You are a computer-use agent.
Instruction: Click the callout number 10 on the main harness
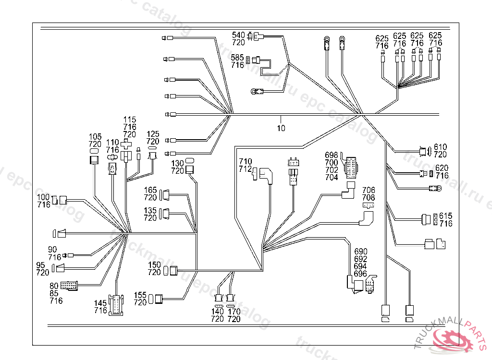pos(281,128)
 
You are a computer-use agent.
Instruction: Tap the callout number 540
pos(238,35)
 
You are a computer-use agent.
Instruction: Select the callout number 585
pos(237,58)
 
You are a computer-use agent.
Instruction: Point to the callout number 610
pos(441,147)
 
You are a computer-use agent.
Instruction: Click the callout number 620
pos(442,168)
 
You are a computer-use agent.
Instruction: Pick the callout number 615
pos(445,216)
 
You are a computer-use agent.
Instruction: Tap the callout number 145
pos(100,303)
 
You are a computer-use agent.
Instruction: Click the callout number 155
pos(140,295)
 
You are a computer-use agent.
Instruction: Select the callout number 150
pos(154,265)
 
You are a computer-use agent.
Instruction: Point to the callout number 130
pos(178,163)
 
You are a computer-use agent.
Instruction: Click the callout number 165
pos(150,190)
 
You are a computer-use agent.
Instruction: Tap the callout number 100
pos(44,198)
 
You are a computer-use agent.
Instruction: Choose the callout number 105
pos(95,137)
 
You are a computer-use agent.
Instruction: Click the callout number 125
pos(153,134)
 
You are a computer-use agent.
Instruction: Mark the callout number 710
pos(246,161)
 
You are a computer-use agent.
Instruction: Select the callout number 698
pos(332,155)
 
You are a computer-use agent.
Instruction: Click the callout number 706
pos(369,191)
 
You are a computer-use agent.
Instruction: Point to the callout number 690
pos(361,252)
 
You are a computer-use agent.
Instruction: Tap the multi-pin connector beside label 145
pos(116,305)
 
